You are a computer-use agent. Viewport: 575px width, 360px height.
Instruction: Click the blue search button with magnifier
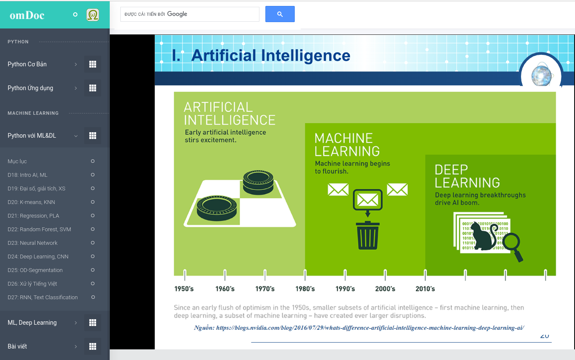pyautogui.click(x=280, y=14)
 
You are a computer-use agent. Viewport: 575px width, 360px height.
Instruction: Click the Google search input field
pyautogui.click(x=190, y=14)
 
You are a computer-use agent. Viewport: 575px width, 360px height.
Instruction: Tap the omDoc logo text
pyautogui.click(x=27, y=15)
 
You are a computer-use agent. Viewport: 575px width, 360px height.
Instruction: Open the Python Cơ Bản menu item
pyautogui.click(x=27, y=64)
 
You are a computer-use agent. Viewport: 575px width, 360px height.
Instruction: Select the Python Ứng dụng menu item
pyautogui.click(x=30, y=88)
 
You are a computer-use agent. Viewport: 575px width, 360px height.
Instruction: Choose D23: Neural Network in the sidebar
pyautogui.click(x=32, y=243)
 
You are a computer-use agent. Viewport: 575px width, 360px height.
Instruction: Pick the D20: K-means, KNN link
pyautogui.click(x=31, y=202)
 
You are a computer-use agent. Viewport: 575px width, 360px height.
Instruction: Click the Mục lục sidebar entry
pyautogui.click(x=17, y=161)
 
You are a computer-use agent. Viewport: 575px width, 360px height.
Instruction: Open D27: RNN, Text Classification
pyautogui.click(x=43, y=297)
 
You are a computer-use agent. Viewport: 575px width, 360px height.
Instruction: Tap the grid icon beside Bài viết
pyautogui.click(x=93, y=346)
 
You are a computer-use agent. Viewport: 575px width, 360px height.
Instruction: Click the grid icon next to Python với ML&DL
pyautogui.click(x=93, y=136)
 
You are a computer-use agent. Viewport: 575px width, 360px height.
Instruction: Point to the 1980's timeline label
pyautogui.click(x=305, y=289)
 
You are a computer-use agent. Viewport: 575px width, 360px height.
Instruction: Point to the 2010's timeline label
pyautogui.click(x=425, y=289)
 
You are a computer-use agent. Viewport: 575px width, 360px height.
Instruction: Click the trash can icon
pyautogui.click(x=367, y=235)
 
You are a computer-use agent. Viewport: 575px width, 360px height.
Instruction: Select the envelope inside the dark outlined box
pyautogui.click(x=367, y=200)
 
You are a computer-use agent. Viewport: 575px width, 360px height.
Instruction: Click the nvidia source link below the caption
pyautogui.click(x=370, y=328)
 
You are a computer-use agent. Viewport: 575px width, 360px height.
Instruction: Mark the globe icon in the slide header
pyautogui.click(x=541, y=75)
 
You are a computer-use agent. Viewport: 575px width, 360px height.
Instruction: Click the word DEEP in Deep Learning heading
pyautogui.click(x=451, y=170)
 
